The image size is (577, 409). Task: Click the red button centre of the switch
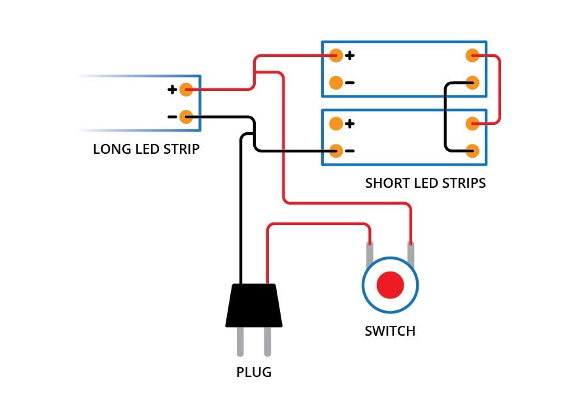click(x=390, y=285)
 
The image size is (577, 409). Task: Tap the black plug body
click(x=254, y=305)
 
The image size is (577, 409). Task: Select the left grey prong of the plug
click(x=240, y=342)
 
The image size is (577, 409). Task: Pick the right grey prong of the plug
click(x=268, y=342)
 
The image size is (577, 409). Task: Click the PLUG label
click(x=254, y=372)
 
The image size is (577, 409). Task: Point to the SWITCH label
click(x=390, y=331)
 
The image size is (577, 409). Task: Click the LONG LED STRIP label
click(x=147, y=149)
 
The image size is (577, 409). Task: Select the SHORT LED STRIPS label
click(x=425, y=183)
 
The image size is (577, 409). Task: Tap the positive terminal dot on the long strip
click(x=186, y=90)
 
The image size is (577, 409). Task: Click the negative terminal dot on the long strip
click(x=186, y=117)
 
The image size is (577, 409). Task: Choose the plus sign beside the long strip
click(x=172, y=90)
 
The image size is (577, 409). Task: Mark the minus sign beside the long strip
click(x=172, y=117)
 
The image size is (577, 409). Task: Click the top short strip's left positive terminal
click(x=336, y=55)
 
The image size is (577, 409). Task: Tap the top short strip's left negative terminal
click(x=336, y=83)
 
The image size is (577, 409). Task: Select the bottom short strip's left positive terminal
click(x=336, y=124)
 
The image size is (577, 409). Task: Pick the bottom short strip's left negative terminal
click(x=336, y=151)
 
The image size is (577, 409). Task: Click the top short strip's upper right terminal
click(x=472, y=56)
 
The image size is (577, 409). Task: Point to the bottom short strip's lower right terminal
click(x=472, y=151)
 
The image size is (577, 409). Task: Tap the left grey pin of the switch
click(x=370, y=254)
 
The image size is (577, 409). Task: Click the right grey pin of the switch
click(x=411, y=254)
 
